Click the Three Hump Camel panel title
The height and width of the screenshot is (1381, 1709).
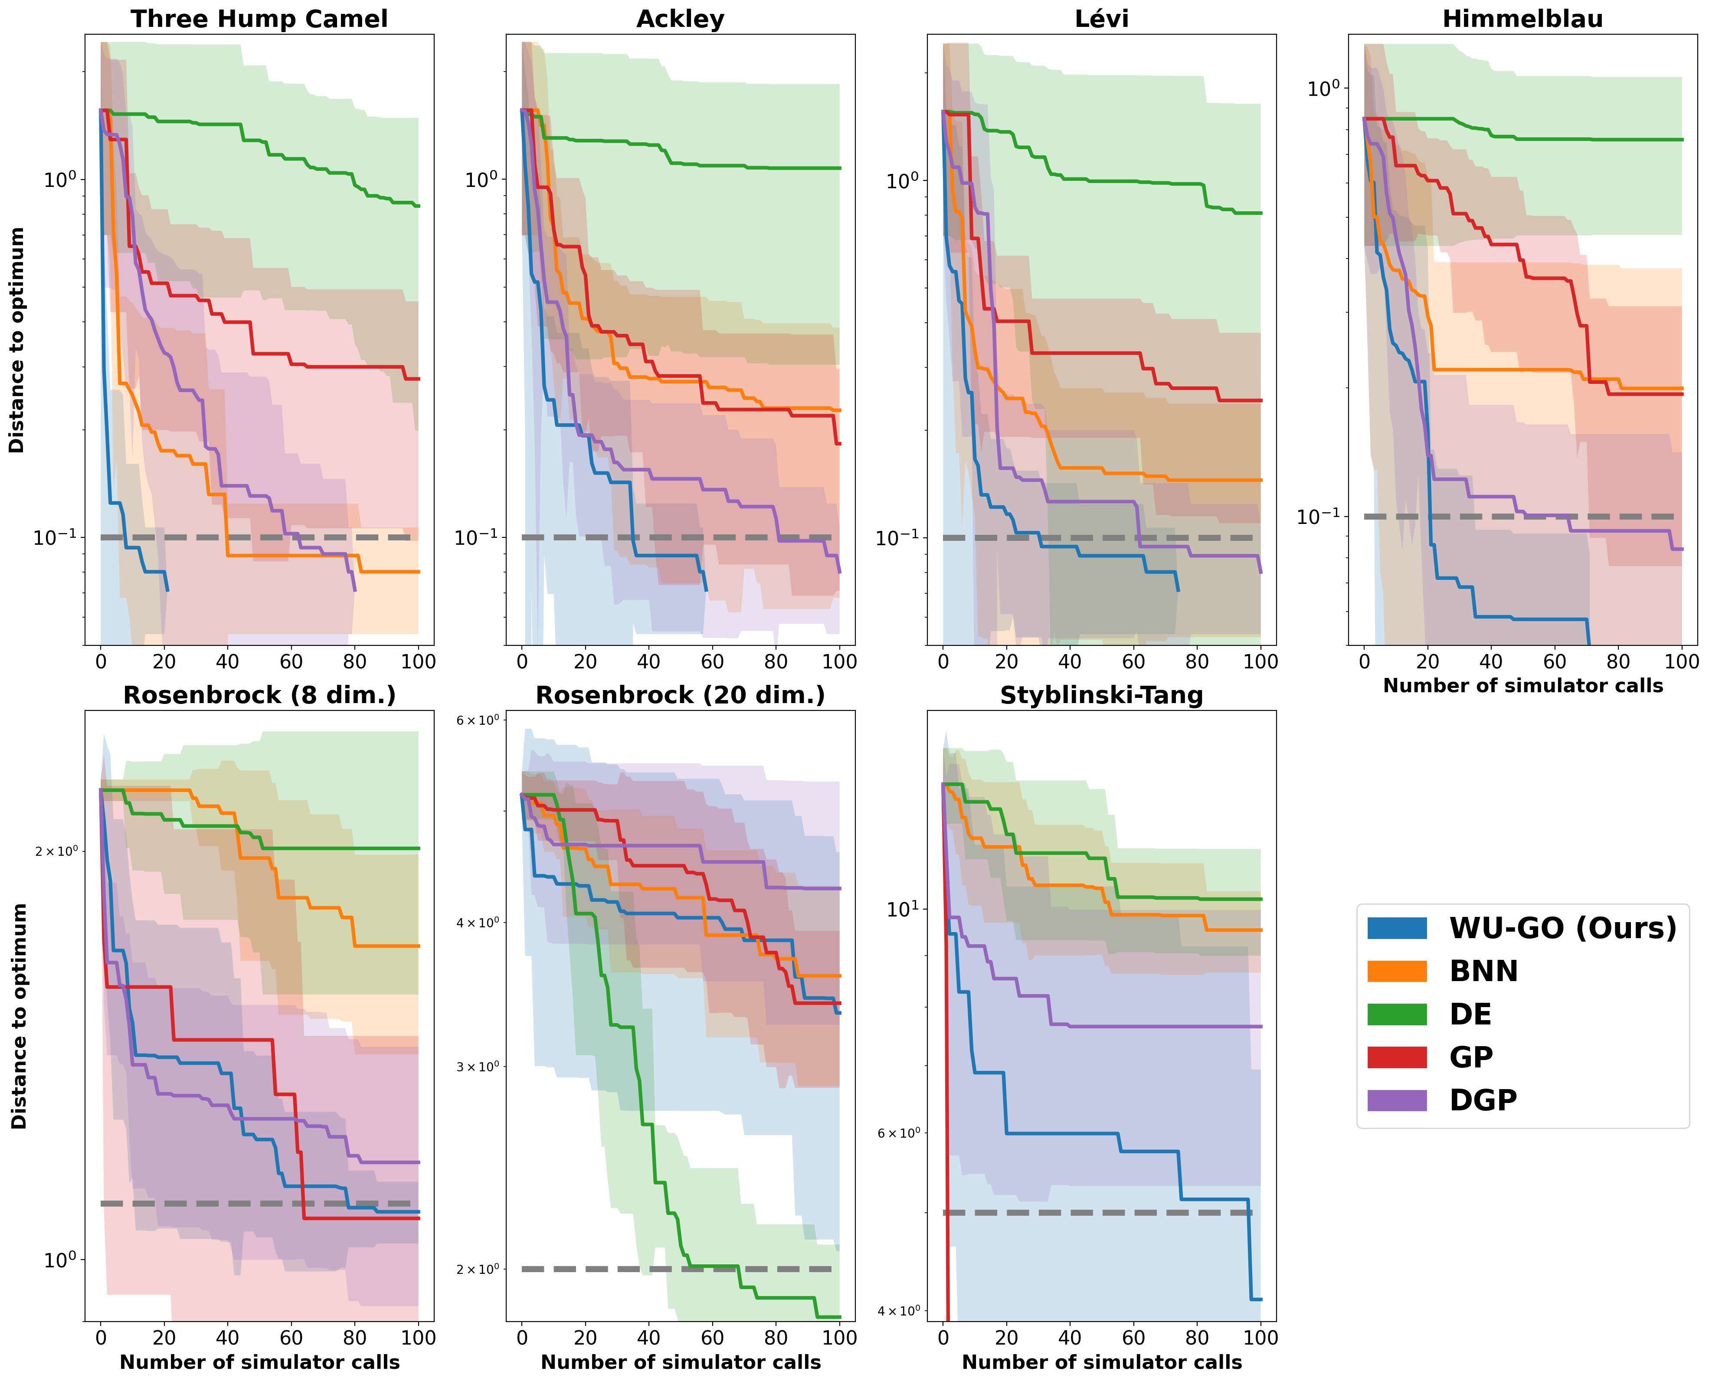(x=259, y=19)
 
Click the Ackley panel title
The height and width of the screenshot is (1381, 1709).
(x=680, y=19)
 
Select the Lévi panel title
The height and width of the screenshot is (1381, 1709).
(x=1101, y=19)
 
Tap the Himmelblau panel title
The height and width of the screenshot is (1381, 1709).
(x=1523, y=19)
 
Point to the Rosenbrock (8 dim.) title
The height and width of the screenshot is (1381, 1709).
(x=259, y=695)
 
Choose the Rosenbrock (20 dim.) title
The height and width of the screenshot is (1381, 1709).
(x=680, y=695)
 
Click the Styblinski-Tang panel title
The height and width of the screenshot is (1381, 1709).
(x=1101, y=695)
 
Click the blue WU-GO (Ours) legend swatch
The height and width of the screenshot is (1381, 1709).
(x=1397, y=928)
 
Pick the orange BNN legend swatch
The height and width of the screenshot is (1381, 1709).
(x=1397, y=971)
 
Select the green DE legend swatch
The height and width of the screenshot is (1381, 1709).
(x=1397, y=1014)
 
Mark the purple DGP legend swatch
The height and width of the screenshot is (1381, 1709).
(x=1397, y=1100)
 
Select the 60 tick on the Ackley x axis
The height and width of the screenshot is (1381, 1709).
(x=712, y=662)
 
